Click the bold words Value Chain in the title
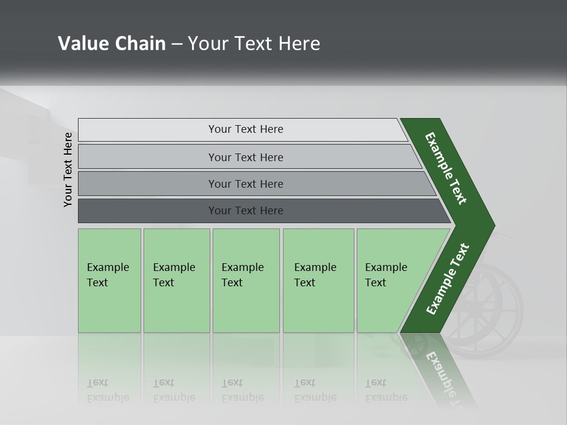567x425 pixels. pyautogui.click(x=112, y=44)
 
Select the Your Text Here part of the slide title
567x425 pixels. pyautogui.click(x=254, y=44)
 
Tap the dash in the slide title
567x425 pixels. pyautogui.click(x=177, y=44)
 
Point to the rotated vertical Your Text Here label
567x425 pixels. pyautogui.click(x=68, y=169)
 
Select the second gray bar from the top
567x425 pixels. pyautogui.click(x=245, y=157)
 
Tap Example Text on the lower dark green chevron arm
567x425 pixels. pyautogui.click(x=448, y=279)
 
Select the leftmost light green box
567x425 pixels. pyautogui.click(x=109, y=280)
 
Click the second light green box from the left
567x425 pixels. pyautogui.click(x=177, y=280)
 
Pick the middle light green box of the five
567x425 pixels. pyautogui.click(x=246, y=280)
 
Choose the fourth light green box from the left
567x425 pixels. pyautogui.click(x=318, y=280)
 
